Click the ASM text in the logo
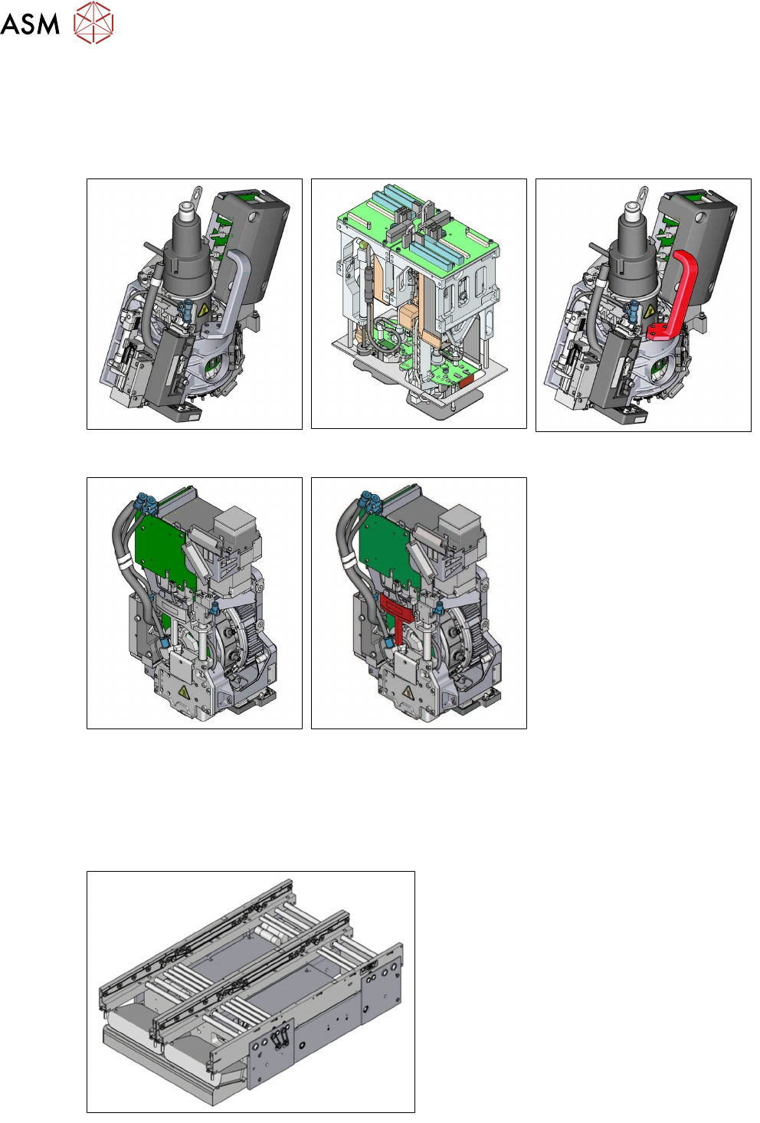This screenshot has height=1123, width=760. (x=30, y=24)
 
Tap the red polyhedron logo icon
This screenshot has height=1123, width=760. (x=93, y=22)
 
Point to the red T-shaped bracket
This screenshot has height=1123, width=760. (x=396, y=616)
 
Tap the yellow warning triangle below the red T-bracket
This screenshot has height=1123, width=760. (x=408, y=693)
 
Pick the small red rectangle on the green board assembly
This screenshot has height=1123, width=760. (x=466, y=382)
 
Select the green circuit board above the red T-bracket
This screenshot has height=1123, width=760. (x=389, y=551)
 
